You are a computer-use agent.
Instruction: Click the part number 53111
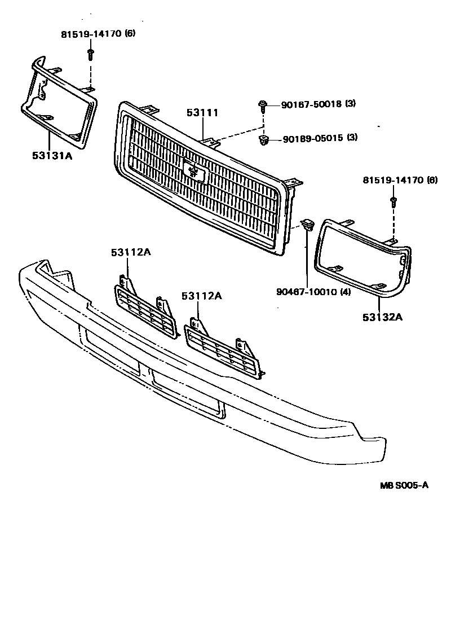tap(202, 113)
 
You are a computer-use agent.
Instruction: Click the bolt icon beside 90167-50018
tap(263, 104)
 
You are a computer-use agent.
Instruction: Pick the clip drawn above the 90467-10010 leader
tap(307, 225)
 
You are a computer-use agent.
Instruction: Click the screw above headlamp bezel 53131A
tap(90, 54)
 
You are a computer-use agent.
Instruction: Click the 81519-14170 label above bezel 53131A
tap(90, 34)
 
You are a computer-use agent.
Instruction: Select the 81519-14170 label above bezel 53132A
tap(392, 181)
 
